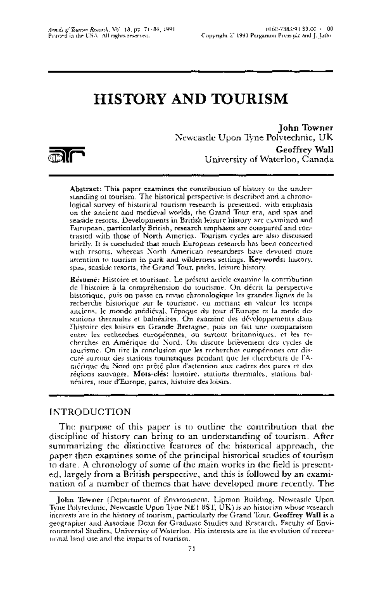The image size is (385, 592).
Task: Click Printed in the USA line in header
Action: (x=99, y=36)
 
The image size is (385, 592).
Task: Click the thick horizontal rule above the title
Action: (x=191, y=71)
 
